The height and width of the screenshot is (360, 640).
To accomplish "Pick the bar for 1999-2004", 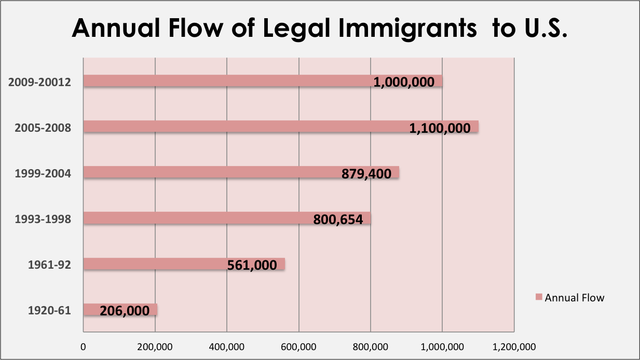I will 208,172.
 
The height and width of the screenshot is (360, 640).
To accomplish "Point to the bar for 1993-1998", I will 197,218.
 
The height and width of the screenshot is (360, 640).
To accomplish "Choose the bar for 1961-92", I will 156,264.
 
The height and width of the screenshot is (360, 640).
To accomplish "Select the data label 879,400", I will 366,174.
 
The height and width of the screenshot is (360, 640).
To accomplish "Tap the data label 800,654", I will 338,220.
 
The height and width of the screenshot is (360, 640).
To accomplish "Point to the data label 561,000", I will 252,266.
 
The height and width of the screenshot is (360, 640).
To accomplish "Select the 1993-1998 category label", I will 43,218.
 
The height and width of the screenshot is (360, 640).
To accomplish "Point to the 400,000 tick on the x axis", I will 227,347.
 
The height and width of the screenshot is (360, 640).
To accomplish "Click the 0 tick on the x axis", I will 83,347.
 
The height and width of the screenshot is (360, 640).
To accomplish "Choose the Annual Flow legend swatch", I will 539,298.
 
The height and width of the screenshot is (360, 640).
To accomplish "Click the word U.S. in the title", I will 542,28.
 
